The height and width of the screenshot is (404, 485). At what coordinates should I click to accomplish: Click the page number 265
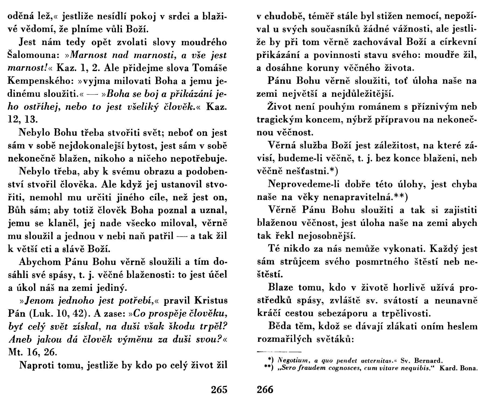tap(219, 389)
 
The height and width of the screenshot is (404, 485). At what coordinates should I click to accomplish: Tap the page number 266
tap(265, 389)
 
